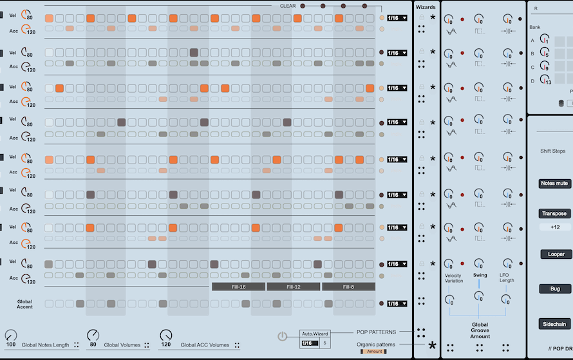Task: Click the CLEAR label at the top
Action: (288, 5)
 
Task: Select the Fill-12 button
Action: (293, 287)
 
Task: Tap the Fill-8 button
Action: (348, 287)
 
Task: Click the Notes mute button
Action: (554, 184)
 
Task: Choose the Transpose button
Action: (554, 213)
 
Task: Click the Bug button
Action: (555, 289)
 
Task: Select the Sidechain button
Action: (555, 324)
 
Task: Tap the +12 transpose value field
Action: (555, 227)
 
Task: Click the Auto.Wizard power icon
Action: (283, 336)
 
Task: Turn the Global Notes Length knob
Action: (11, 336)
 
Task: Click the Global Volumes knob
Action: (93, 336)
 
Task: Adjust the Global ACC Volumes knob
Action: (166, 336)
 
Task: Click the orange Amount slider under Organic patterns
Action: (375, 352)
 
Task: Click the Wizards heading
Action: (425, 7)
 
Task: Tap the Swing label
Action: (480, 275)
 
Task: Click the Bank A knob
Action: (545, 41)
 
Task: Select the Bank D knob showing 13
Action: (545, 81)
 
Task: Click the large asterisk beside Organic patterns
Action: (432, 346)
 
